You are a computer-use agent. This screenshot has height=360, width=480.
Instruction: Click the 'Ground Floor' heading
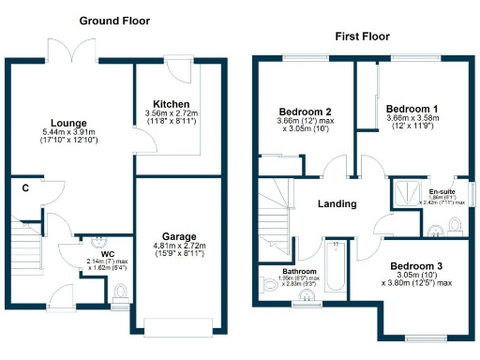pyautogui.click(x=114, y=21)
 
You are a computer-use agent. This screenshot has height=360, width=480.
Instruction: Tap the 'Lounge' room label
pyautogui.click(x=68, y=123)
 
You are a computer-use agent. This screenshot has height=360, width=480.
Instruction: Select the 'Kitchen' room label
pyautogui.click(x=172, y=104)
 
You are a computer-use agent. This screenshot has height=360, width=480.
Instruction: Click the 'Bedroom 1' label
pyautogui.click(x=412, y=108)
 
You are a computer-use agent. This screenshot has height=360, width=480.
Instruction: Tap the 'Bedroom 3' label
pyautogui.click(x=416, y=265)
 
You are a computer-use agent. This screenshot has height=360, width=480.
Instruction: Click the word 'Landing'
pyautogui.click(x=337, y=203)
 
